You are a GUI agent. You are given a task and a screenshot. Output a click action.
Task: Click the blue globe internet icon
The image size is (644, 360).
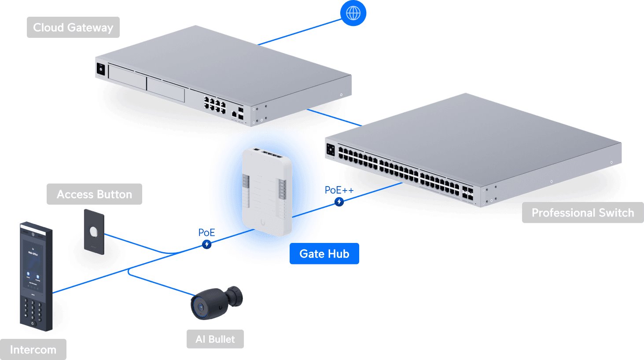coord(353,13)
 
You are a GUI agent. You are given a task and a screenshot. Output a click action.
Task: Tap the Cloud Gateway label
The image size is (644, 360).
coord(73,27)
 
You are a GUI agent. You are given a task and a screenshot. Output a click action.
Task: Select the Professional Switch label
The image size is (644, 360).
coord(582,213)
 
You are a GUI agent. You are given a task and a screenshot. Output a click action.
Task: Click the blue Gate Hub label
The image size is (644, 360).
coord(324,253)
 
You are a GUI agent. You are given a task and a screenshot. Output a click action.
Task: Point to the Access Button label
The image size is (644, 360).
coord(94,194)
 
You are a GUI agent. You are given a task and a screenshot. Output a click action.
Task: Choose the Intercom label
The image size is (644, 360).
coord(33,350)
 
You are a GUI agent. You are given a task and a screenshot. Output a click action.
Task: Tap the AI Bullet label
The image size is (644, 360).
coord(215,339)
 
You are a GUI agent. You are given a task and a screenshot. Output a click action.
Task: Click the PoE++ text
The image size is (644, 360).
coord(339,190)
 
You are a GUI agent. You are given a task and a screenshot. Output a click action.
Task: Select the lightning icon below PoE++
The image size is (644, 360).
coord(339,202)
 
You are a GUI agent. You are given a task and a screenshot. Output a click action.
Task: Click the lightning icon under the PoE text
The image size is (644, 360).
coord(206,244)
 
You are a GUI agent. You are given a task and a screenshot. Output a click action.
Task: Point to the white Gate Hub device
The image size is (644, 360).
coord(266,191)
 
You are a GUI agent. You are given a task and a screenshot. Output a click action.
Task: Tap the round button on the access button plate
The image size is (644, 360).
coord(94,231)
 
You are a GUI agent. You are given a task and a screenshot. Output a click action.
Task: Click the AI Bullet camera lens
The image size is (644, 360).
coord(201,306)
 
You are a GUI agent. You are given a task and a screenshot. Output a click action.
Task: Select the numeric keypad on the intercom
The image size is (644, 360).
coord(33,311)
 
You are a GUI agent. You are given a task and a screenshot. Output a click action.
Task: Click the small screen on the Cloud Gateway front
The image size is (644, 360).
coord(101,69)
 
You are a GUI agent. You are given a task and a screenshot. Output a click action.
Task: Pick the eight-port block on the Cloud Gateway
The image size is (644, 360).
coord(214,104)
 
